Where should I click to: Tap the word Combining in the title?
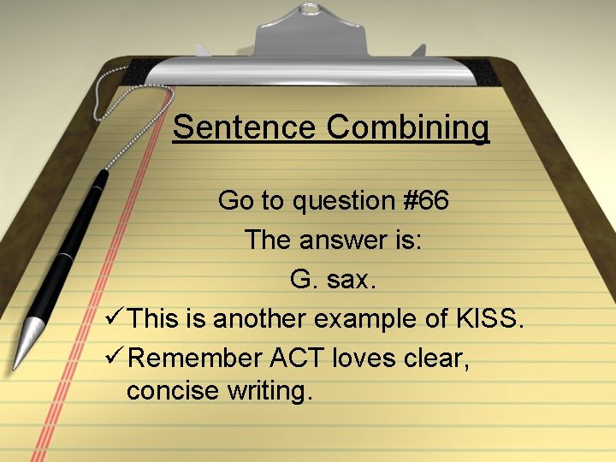pyautogui.click(x=407, y=128)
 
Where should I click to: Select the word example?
pyautogui.click(x=383, y=320)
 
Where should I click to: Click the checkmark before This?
pyautogui.click(x=112, y=318)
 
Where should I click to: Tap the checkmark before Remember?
pyautogui.click(x=112, y=357)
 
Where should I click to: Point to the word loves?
pyautogui.click(x=378, y=357)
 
